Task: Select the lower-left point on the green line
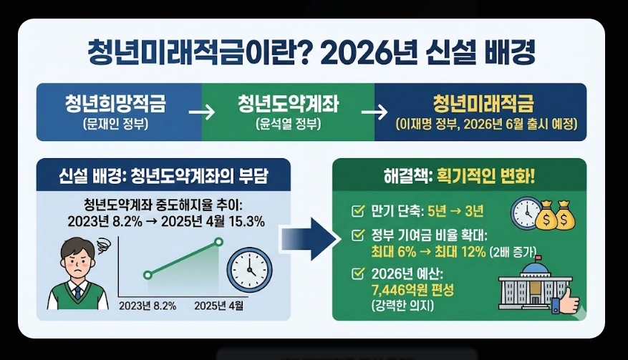click(x=148, y=275)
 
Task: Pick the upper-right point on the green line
click(x=219, y=242)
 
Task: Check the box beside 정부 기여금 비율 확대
click(x=357, y=234)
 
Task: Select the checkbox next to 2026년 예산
click(x=357, y=273)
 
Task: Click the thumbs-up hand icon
click(x=566, y=301)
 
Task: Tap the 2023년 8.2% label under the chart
click(x=148, y=306)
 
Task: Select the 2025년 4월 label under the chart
click(x=219, y=306)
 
